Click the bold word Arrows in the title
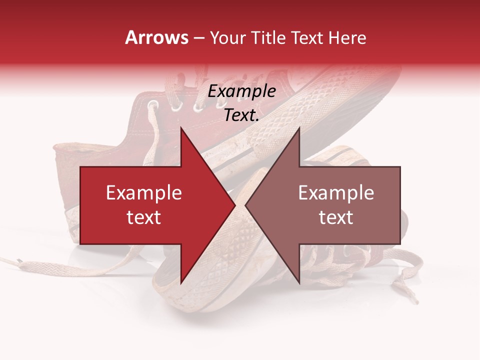pos(157,37)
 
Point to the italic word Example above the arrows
pos(241,91)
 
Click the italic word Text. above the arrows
pos(241,115)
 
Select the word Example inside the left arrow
pos(144,193)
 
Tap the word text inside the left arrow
pos(144,217)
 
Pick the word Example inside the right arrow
pos(336,193)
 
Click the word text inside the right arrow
pos(336,217)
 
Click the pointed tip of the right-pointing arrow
pos(235,205)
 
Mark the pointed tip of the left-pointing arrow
pos(245,205)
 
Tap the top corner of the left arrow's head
pos(181,127)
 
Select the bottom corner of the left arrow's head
pos(181,283)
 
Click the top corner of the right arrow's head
pos(299,127)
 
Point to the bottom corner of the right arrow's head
pos(299,283)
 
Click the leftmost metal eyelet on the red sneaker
pos(153,104)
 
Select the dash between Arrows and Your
pos(198,38)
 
